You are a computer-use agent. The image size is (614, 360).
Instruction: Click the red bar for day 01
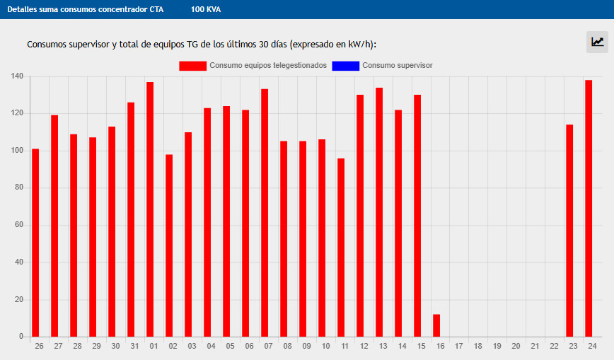[x=150, y=209]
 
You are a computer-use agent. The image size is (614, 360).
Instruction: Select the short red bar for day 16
[x=436, y=325]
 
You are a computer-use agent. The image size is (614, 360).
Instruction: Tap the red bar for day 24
[x=589, y=209]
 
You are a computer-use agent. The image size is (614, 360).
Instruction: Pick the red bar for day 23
[x=569, y=231]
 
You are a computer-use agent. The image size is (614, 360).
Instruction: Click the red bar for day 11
[x=341, y=248]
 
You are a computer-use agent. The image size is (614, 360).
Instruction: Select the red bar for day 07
[x=265, y=212]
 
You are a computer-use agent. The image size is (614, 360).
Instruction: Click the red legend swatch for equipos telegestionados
[x=192, y=66]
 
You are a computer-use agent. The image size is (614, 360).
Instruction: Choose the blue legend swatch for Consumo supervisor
[x=345, y=66]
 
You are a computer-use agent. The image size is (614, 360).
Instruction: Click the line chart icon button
[x=598, y=42]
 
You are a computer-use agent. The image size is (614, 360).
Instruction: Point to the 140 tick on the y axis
[x=18, y=76]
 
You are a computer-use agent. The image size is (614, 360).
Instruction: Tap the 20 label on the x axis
[x=516, y=346]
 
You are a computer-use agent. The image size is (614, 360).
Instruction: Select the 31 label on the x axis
[x=134, y=346]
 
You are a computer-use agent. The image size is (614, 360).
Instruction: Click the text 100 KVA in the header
[x=206, y=10]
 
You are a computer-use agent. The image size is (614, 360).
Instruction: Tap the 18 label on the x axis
[x=477, y=346]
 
